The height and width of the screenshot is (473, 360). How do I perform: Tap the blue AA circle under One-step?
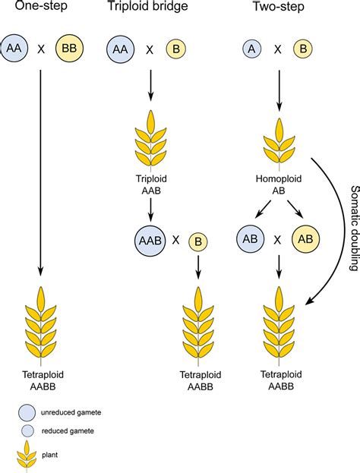pyautogui.click(x=14, y=50)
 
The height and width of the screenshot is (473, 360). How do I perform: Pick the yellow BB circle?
pyautogui.click(x=70, y=50)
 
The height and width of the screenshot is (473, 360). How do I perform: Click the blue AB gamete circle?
pyautogui.click(x=251, y=240)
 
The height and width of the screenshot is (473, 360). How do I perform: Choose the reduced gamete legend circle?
pyautogui.click(x=27, y=431)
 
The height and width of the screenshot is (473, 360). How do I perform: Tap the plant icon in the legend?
pyautogui.click(x=27, y=456)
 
